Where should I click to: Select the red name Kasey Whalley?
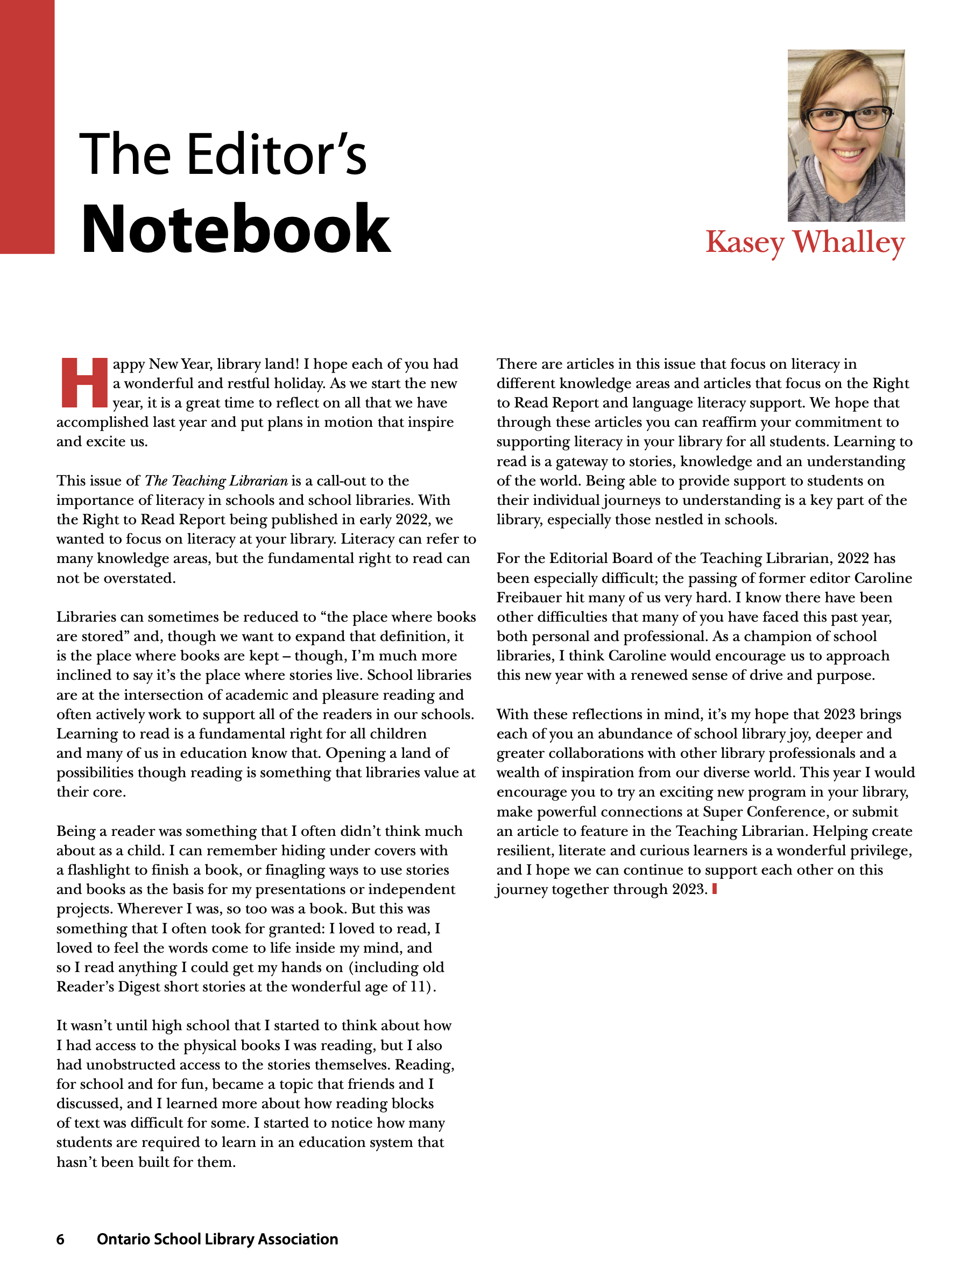click(x=804, y=242)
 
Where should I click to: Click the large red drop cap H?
click(x=84, y=382)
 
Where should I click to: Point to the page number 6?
click(x=60, y=1239)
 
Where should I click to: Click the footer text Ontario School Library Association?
click(x=217, y=1239)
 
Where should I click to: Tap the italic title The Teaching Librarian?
click(x=216, y=481)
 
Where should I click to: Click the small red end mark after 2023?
click(x=714, y=888)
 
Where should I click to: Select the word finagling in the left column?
click(x=295, y=870)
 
